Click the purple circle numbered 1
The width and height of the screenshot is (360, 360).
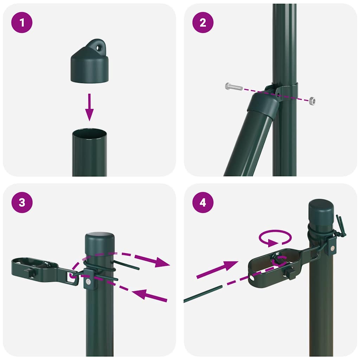pyautogui.click(x=22, y=23)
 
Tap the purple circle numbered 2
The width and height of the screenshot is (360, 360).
pyautogui.click(x=203, y=23)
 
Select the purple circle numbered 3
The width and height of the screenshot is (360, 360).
pyautogui.click(x=22, y=203)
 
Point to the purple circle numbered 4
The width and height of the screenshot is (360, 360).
pyautogui.click(x=203, y=203)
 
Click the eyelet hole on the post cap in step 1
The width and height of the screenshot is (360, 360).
pyautogui.click(x=101, y=46)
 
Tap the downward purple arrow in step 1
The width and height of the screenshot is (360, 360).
pyautogui.click(x=90, y=107)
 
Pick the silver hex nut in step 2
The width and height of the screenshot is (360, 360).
pyautogui.click(x=311, y=101)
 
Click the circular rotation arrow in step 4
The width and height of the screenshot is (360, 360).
pyautogui.click(x=275, y=239)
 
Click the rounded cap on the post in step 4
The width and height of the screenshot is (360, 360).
pyautogui.click(x=321, y=210)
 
